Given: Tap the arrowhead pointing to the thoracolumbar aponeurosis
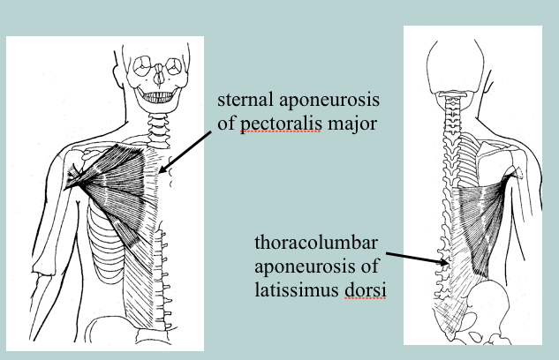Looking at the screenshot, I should pos(446,261).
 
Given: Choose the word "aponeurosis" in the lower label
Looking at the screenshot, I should pos(301,266).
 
